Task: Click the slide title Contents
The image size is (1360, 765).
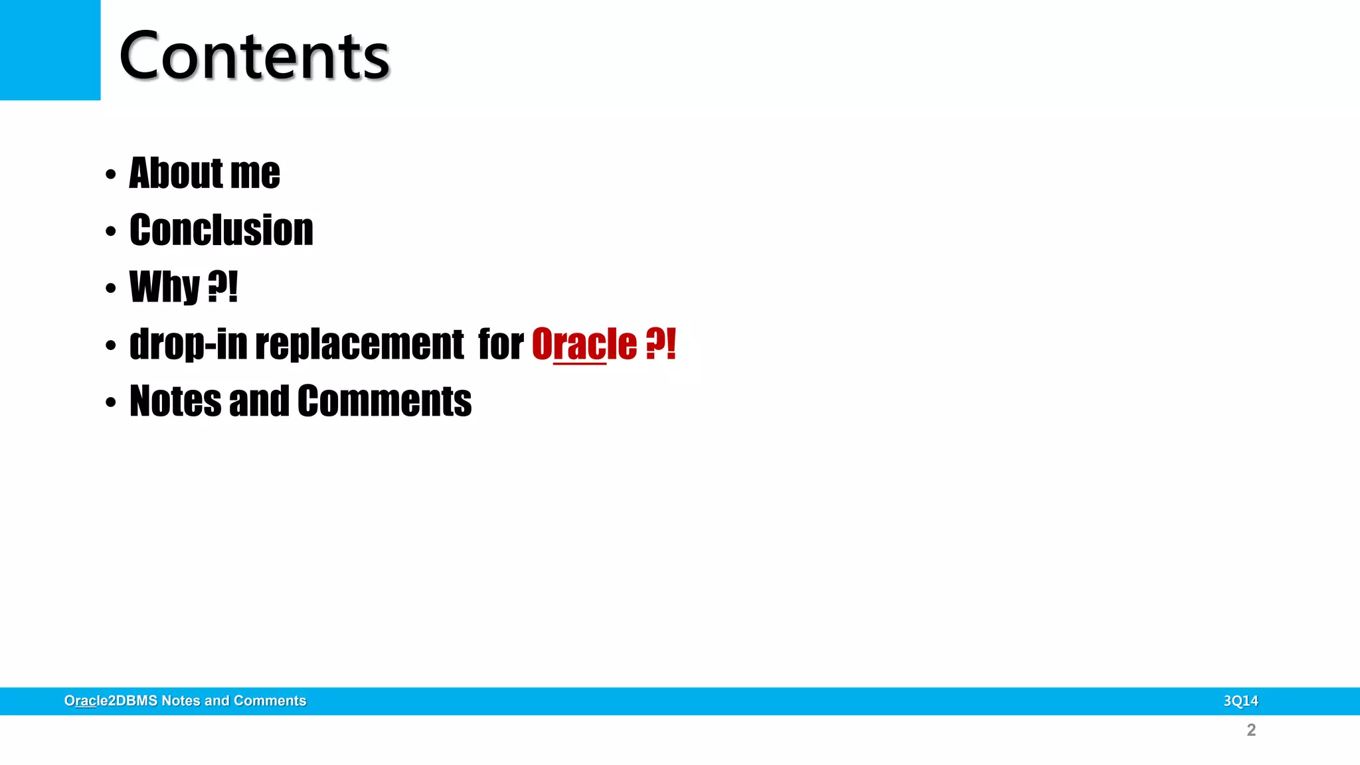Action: pos(254,56)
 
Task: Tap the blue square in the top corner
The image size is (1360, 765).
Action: pos(50,50)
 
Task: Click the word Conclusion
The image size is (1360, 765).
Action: pos(221,230)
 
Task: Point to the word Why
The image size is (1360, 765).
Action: pos(165,287)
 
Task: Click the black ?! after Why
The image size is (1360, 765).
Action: pos(222,287)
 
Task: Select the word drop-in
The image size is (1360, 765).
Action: pos(188,345)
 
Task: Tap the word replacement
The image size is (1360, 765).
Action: pos(359,345)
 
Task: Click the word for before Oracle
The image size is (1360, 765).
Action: pos(501,345)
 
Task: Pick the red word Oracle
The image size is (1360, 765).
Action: pos(584,345)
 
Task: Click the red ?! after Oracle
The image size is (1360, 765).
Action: pos(661,345)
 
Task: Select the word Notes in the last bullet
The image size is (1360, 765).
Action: pos(175,401)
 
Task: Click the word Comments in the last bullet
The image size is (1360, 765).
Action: pos(384,401)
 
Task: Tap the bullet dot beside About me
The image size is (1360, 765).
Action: pos(111,175)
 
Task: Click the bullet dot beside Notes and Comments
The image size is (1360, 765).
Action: pos(111,402)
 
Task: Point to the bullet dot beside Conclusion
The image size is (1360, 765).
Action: pos(111,232)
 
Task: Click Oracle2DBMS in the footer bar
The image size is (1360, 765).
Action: pos(111,701)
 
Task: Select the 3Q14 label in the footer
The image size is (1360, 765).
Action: pos(1240,701)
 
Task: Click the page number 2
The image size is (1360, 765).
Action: pos(1251,730)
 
